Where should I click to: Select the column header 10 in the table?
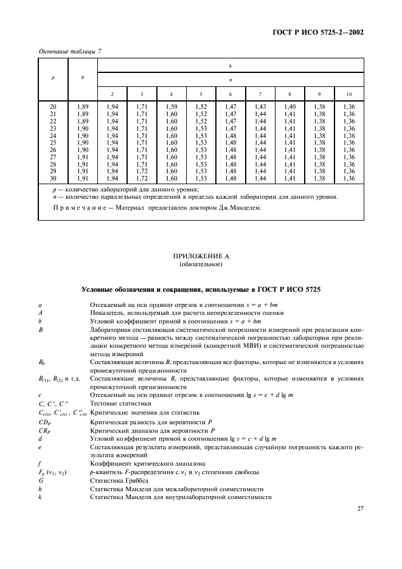click(x=348, y=94)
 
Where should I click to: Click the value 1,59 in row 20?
click(x=172, y=106)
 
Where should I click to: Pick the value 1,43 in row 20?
click(x=260, y=106)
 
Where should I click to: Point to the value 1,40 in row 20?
click(x=289, y=106)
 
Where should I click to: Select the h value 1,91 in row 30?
click(x=83, y=179)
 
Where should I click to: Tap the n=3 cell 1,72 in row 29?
click(x=142, y=171)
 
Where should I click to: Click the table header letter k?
click(x=230, y=65)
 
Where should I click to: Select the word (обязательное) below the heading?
click(x=200, y=265)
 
